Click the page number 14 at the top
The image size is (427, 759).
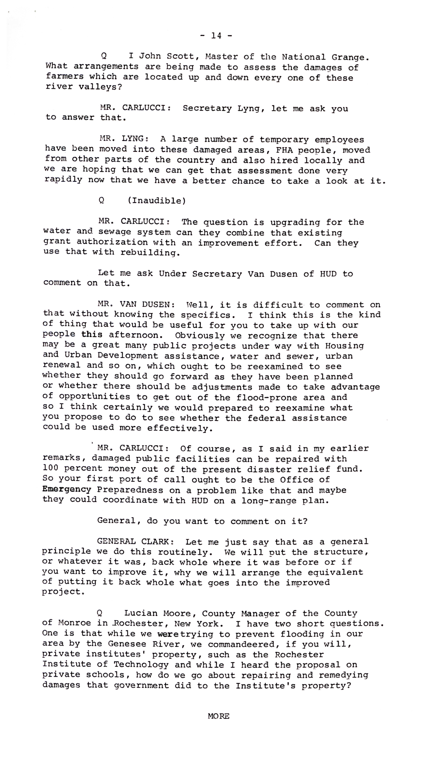[216, 36]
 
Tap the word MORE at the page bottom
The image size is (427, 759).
[219, 716]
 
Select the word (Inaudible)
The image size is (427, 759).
[157, 201]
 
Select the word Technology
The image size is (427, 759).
[141, 665]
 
